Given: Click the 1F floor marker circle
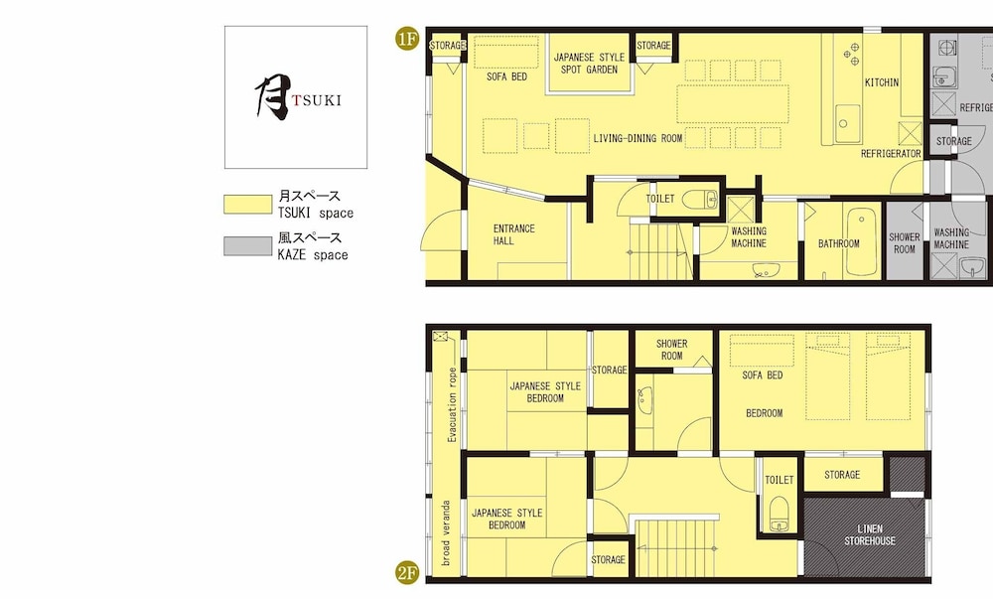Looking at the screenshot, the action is tap(407, 39).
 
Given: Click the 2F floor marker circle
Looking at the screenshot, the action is tap(407, 572).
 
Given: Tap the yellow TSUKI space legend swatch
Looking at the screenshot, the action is tap(247, 205).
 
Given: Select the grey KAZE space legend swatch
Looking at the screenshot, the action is tap(247, 246).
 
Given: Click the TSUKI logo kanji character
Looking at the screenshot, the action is tap(272, 97).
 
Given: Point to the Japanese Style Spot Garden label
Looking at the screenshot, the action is tap(589, 64).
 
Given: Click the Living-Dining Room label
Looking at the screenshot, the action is tap(638, 138).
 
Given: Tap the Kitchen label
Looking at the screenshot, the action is tap(882, 82).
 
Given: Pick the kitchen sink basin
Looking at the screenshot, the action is tap(847, 123).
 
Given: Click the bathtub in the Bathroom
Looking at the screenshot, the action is tap(862, 241).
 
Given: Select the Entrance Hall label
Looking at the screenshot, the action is tap(513, 234).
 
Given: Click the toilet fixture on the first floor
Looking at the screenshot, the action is tap(700, 200).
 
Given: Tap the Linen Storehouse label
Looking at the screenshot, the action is tap(870, 535).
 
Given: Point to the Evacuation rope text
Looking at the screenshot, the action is tap(452, 404).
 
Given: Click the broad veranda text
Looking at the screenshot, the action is tap(446, 533).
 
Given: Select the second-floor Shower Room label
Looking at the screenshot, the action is tap(672, 350).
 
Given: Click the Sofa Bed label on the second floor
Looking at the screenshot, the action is tap(763, 375).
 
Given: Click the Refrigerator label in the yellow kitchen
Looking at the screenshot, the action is tap(891, 154).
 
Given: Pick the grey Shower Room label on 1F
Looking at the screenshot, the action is tap(905, 243).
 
